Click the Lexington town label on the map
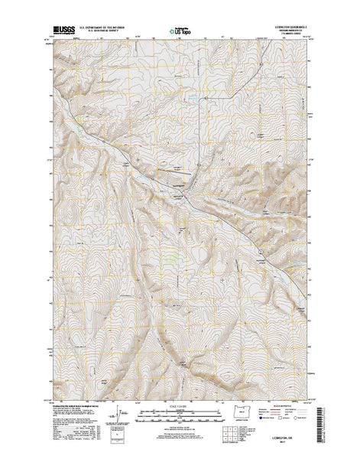click(177, 185)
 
